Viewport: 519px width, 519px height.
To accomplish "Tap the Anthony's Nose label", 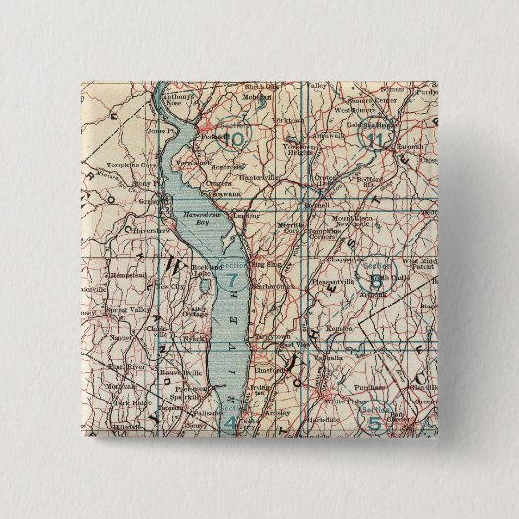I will coord(178,103).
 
